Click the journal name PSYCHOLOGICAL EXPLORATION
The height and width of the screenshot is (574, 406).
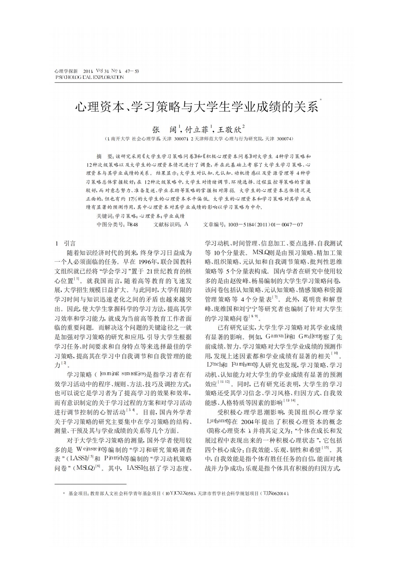click(x=89, y=77)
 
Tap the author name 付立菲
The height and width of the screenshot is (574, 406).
click(x=198, y=130)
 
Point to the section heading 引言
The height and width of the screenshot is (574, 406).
click(x=70, y=243)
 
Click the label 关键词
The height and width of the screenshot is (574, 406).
click(x=105, y=216)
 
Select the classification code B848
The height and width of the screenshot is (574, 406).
click(x=132, y=224)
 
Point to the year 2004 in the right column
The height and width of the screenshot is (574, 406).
click(x=247, y=421)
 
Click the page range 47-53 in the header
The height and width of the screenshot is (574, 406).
click(x=132, y=71)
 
